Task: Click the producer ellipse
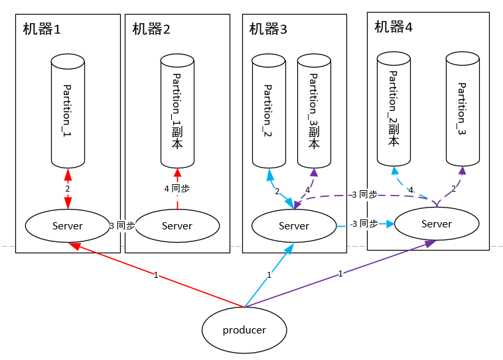tap(244, 330)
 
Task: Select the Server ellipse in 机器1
tap(68, 225)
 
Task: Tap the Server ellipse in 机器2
tap(177, 225)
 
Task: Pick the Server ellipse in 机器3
tap(294, 225)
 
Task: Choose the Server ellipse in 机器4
tap(437, 223)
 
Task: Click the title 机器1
tap(42, 29)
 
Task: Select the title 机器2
tap(151, 29)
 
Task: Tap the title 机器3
tap(268, 29)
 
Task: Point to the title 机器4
tap(393, 27)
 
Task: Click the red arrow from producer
tap(156, 274)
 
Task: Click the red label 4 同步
tap(177, 188)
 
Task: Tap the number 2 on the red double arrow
tap(68, 189)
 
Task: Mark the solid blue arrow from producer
tap(269, 274)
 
